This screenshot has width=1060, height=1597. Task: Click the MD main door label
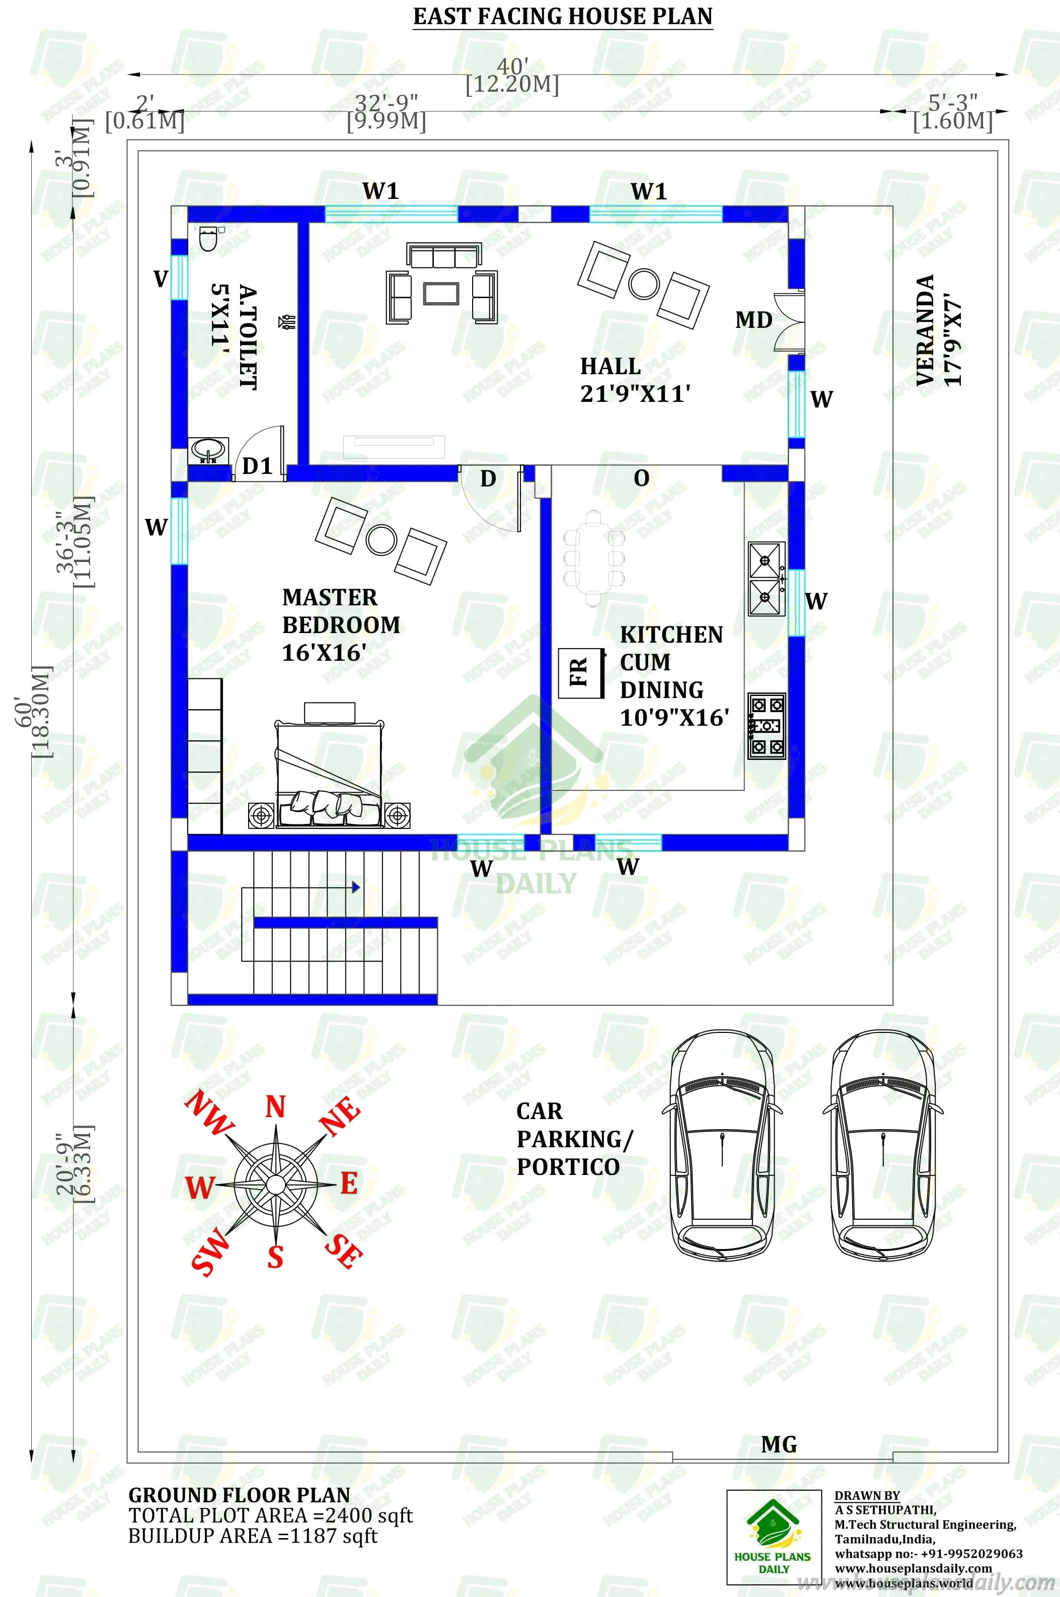click(754, 320)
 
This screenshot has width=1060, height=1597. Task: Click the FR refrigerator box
click(580, 672)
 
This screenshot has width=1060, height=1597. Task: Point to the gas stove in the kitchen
click(767, 726)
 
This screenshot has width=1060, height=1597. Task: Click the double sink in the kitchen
click(767, 579)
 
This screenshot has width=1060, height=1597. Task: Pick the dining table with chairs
click(593, 558)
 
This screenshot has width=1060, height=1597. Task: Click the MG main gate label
click(779, 1444)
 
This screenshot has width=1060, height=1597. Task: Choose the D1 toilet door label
click(257, 466)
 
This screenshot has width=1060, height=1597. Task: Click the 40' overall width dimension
click(512, 67)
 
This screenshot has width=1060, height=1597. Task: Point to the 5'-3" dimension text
click(952, 103)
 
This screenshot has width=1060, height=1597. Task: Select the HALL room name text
click(610, 366)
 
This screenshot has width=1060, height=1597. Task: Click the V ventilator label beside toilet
click(160, 279)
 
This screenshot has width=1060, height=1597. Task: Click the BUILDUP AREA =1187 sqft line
click(253, 1536)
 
